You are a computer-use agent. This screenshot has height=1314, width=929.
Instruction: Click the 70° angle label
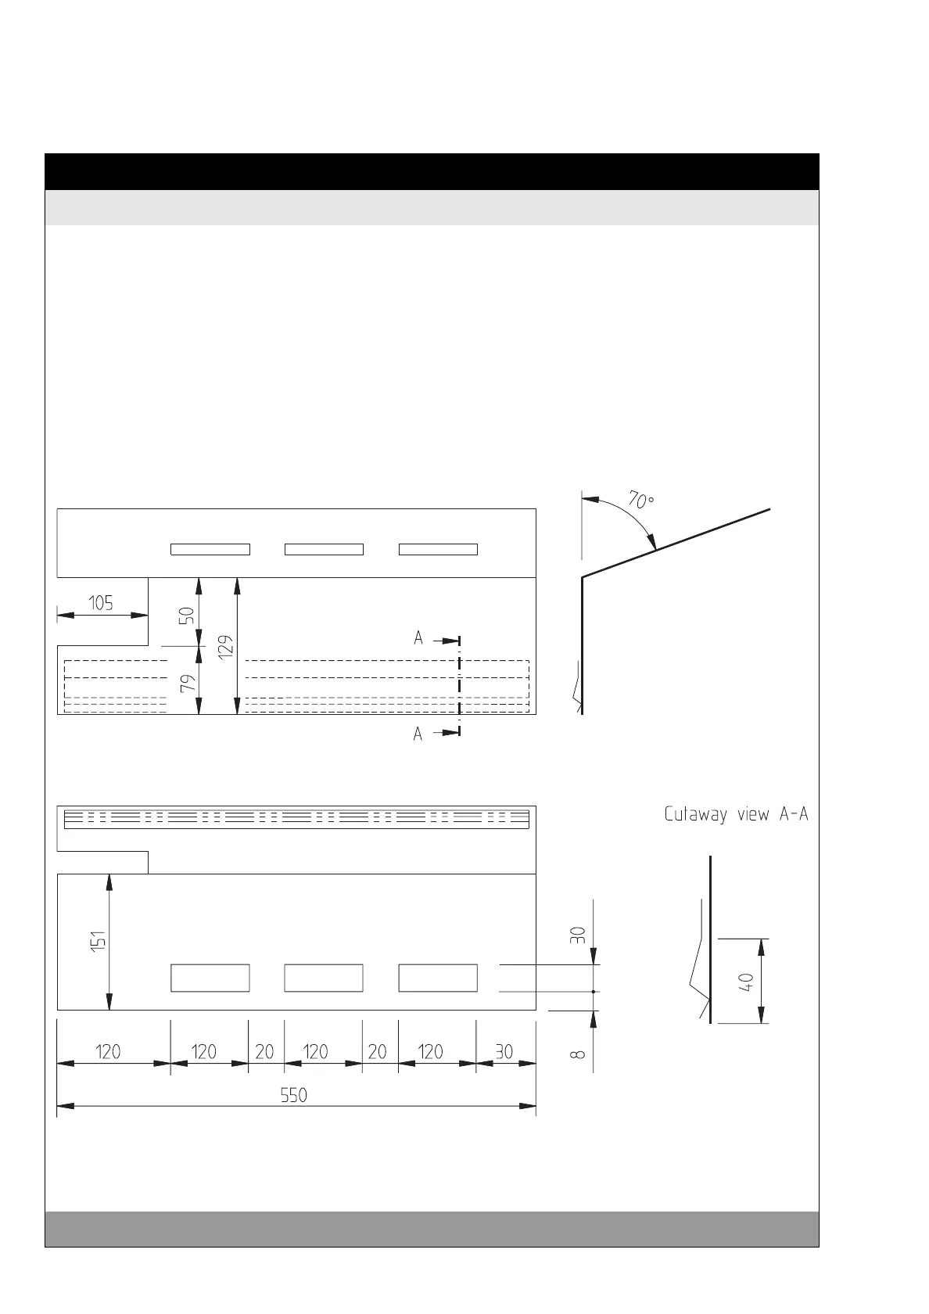tap(640, 500)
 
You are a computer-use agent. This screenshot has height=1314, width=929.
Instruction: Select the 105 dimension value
tap(101, 603)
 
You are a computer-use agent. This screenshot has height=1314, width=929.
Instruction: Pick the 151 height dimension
tap(97, 942)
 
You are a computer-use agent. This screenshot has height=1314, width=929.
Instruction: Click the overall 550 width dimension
tap(294, 1095)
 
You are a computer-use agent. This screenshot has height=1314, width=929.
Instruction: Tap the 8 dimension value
tap(579, 1054)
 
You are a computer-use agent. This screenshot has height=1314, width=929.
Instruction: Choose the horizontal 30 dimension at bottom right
tap(504, 1052)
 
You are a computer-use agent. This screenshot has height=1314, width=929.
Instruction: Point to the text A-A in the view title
tap(792, 815)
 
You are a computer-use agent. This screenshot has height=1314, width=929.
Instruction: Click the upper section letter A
tap(418, 638)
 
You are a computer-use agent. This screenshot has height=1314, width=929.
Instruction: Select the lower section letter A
tap(418, 734)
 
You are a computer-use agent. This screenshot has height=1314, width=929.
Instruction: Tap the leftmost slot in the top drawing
tap(210, 549)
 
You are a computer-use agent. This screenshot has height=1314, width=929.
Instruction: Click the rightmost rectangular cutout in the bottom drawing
tap(438, 978)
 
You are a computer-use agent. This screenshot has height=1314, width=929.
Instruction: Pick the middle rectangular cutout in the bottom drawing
tap(324, 978)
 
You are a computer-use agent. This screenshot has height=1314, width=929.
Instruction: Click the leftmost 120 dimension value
tap(109, 1052)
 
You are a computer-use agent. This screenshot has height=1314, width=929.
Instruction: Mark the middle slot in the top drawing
tap(324, 549)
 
